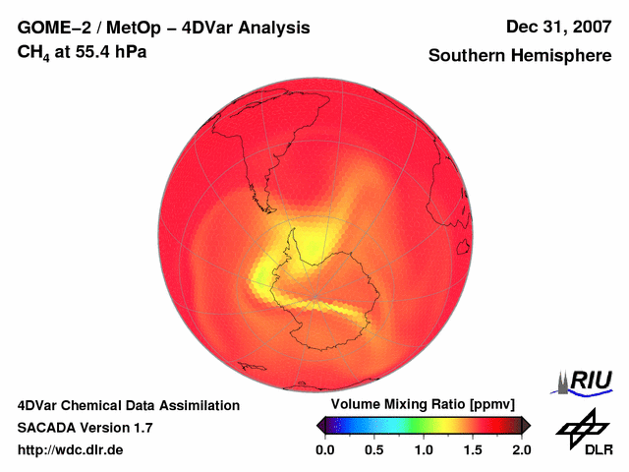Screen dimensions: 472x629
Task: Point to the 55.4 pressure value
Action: [92, 51]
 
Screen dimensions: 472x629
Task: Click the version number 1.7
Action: [141, 428]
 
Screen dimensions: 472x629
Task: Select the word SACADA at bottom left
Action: [46, 428]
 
